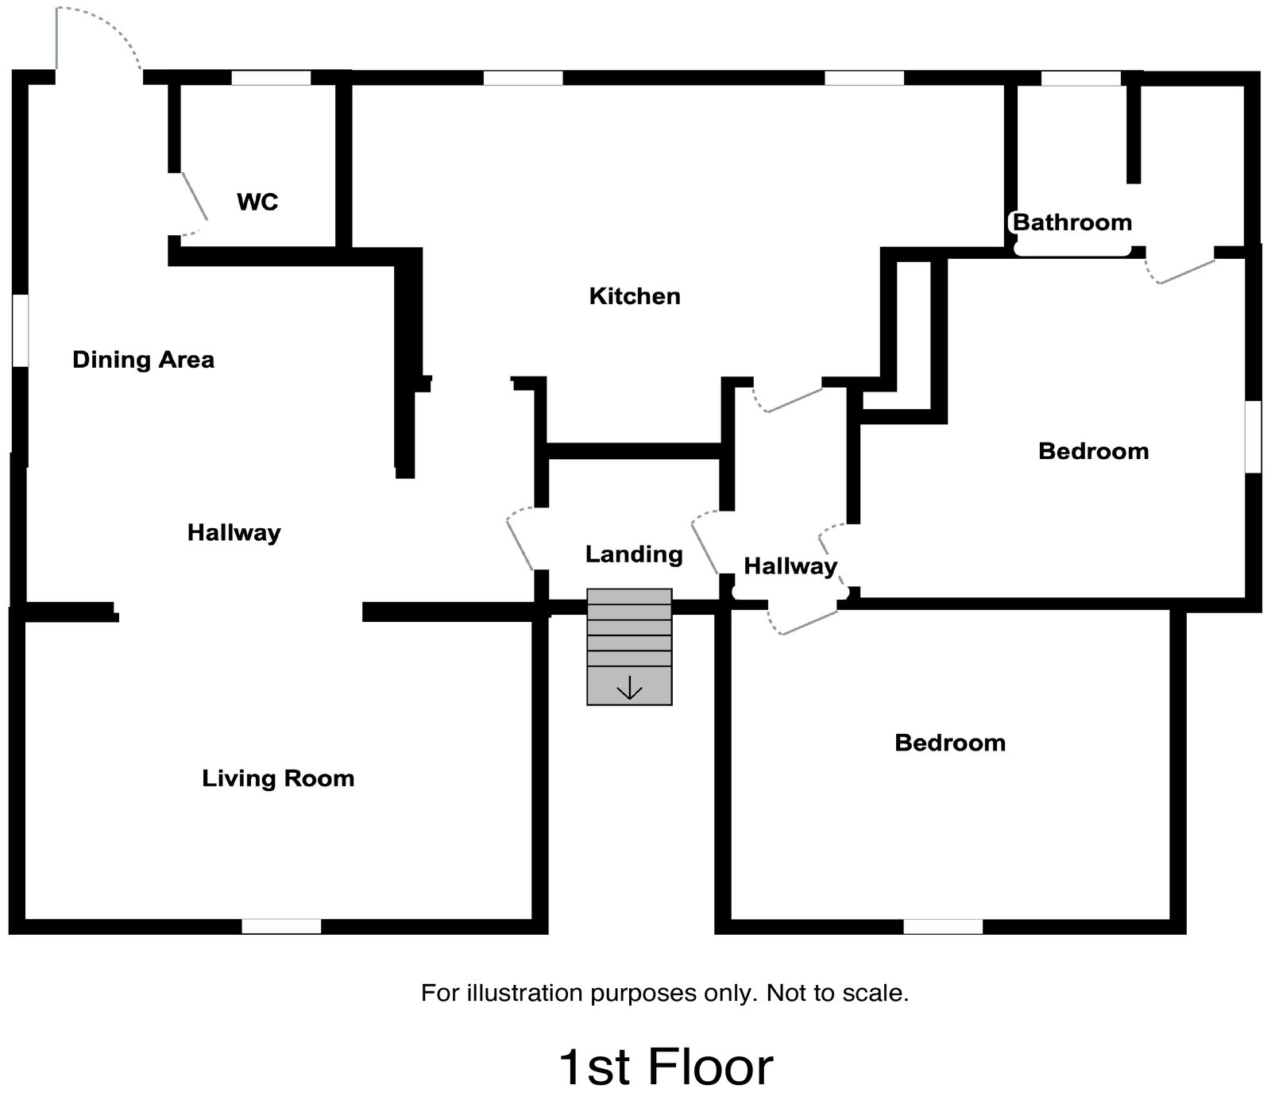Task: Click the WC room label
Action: pos(257,202)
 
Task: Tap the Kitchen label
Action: pos(635,296)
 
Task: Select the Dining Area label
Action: pos(143,360)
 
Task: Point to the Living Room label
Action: pos(278,778)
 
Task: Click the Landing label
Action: pos(634,554)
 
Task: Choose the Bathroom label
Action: pos(1072,222)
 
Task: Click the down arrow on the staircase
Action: pos(629,688)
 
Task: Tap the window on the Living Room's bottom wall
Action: pos(281,926)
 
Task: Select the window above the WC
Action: pos(271,78)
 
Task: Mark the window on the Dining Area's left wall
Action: pos(21,330)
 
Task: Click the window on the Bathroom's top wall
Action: pos(1080,78)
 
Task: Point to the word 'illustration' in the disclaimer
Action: pos(524,993)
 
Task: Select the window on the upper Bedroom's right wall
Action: pos(1253,437)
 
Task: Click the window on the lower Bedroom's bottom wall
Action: pos(943,926)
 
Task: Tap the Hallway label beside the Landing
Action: pos(790,566)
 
